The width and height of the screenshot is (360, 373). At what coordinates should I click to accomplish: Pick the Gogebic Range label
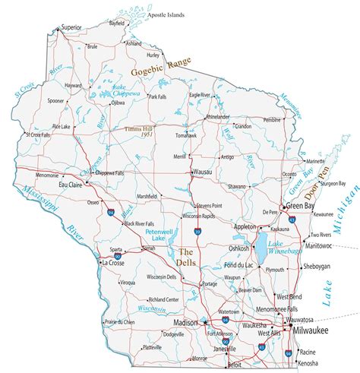point(160,69)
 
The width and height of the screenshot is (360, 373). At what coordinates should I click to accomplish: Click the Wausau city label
point(203,172)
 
